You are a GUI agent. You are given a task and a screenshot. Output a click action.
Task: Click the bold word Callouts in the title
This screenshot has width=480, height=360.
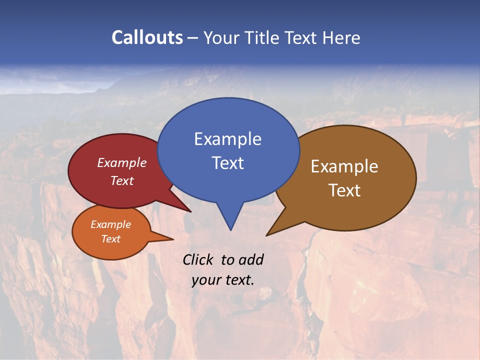(147, 37)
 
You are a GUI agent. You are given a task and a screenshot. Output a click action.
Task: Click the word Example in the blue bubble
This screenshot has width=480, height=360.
(227, 139)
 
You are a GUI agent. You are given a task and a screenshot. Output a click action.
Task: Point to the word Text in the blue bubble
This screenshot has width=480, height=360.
(227, 163)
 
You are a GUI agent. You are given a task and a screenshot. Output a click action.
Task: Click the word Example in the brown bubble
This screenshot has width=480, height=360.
(344, 166)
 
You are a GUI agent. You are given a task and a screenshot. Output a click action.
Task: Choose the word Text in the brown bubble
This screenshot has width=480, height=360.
(344, 190)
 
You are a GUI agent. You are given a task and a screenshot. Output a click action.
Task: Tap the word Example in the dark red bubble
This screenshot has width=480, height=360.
(121, 163)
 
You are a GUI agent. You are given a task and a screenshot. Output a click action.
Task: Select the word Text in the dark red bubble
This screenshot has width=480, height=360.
(121, 181)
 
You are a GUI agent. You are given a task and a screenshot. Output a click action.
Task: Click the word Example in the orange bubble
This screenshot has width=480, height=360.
(110, 224)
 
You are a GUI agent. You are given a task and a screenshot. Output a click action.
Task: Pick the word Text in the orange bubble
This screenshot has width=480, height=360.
(110, 239)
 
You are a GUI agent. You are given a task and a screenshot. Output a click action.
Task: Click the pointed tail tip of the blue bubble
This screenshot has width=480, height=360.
(230, 229)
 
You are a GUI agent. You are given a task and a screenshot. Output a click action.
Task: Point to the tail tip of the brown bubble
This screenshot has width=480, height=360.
(267, 235)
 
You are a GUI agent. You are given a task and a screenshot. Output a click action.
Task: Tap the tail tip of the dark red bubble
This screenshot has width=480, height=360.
(190, 211)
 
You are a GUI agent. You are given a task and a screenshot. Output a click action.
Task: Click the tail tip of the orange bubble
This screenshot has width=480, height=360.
(173, 239)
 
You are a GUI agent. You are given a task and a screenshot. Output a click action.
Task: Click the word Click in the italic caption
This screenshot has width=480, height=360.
(198, 259)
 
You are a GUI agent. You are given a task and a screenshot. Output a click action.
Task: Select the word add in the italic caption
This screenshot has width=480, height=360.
(250, 259)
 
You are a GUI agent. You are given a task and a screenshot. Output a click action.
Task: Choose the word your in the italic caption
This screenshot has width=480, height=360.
(206, 280)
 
